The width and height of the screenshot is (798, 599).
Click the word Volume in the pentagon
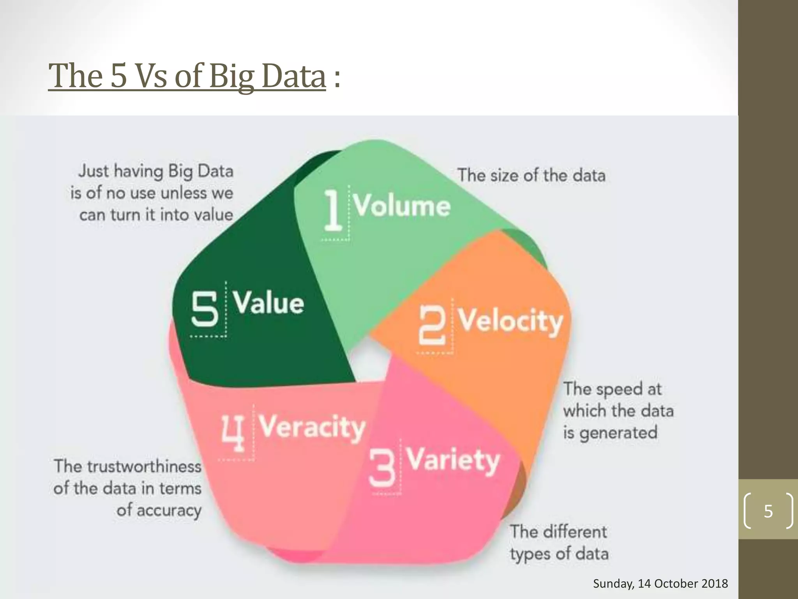(402, 205)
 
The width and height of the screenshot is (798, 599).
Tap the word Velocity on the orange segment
(510, 321)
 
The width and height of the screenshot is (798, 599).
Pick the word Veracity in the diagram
(312, 427)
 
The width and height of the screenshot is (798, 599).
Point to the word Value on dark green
(268, 303)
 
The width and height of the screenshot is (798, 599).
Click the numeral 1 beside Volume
(333, 210)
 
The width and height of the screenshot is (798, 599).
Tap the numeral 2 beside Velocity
(432, 325)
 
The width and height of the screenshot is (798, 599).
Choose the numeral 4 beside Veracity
(233, 433)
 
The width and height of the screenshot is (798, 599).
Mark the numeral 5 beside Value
(205, 309)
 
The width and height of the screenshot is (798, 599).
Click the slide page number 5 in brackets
(768, 511)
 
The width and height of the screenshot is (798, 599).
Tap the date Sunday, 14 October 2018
(660, 583)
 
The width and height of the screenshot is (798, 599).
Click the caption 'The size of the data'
(531, 175)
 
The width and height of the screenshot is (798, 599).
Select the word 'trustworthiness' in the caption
(144, 466)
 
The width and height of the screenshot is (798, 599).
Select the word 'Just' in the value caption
(94, 171)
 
